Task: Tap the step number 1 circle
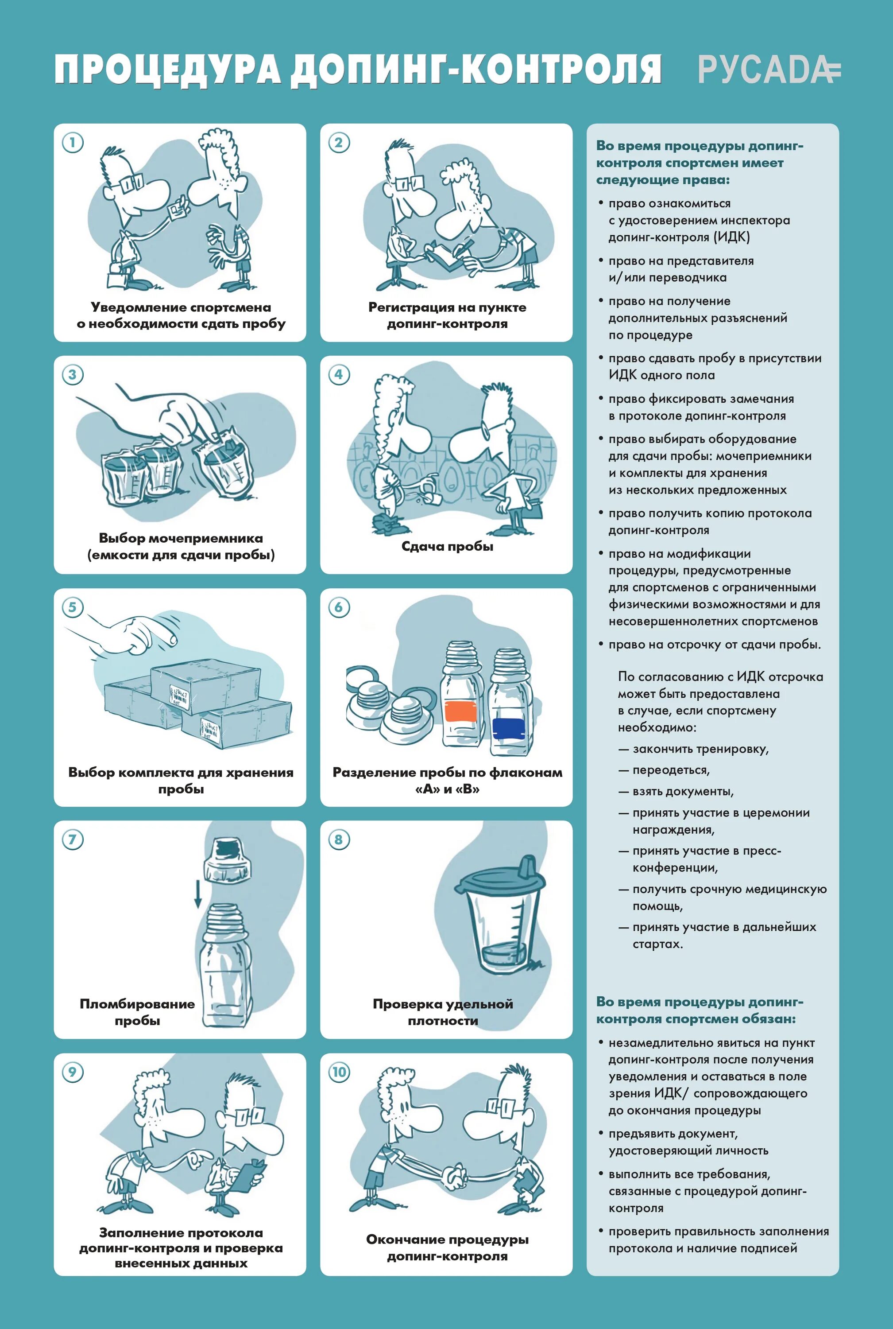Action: coord(72,143)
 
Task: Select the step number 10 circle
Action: coord(339,1072)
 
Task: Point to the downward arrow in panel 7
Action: coord(197,893)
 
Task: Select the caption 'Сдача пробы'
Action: coord(447,546)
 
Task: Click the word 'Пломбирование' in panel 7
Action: coord(137,1003)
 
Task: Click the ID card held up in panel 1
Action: coord(178,208)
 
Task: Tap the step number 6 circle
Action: coord(339,607)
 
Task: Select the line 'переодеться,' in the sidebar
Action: coord(671,770)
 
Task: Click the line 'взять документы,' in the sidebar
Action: coord(683,791)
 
